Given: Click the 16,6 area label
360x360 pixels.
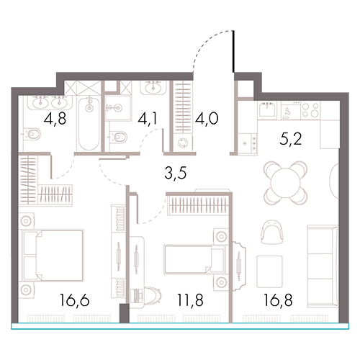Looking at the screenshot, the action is [75, 300].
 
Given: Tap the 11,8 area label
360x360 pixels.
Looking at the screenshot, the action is [190, 300].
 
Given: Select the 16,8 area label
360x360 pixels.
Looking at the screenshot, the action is [278, 300].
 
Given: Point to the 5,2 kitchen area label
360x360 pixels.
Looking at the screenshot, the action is [290, 139].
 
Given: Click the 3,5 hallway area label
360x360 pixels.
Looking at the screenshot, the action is [176, 173].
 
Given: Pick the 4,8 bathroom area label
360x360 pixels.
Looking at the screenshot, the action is [55, 118].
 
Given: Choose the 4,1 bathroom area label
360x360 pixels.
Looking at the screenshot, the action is [148, 118].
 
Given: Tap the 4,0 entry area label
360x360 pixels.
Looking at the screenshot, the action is [207, 118].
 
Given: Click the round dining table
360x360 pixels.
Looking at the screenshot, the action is [285, 183].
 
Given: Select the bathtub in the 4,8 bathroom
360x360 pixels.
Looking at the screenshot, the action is [89, 123].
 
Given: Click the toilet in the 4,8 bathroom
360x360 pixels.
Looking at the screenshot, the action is [32, 135].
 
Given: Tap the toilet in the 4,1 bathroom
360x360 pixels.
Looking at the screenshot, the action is [117, 138].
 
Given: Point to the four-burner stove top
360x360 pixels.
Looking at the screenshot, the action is [310, 110].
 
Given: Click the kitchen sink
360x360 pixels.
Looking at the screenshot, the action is [267, 110].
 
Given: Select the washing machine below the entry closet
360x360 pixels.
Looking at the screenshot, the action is [183, 143].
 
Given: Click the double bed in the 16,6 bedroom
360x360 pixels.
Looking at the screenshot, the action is [53, 255].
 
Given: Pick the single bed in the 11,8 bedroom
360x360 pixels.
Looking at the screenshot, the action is [195, 259].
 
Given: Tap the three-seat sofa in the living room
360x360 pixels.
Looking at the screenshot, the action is [323, 266].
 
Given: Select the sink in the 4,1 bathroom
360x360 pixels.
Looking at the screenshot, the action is [153, 87].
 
